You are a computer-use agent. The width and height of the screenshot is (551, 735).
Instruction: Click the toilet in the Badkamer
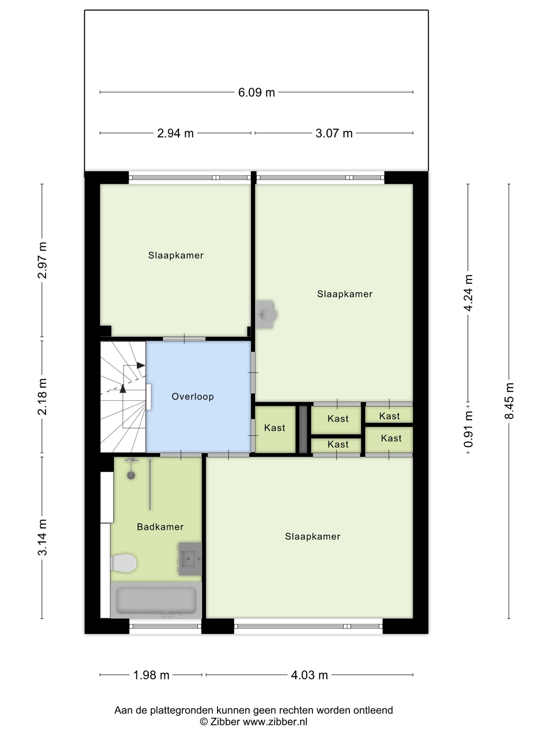click(x=123, y=563)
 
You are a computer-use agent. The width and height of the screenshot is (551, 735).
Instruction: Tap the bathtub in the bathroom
click(x=156, y=600)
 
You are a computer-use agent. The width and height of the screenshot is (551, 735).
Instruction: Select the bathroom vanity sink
click(x=190, y=559)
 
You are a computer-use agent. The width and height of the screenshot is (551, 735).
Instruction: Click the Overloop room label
click(x=193, y=396)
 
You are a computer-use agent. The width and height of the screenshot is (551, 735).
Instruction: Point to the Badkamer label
click(x=160, y=527)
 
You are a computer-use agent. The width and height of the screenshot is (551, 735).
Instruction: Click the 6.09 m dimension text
click(x=256, y=92)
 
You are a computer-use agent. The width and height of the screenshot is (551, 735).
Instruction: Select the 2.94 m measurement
click(x=175, y=133)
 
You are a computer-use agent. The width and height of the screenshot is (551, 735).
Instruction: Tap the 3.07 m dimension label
click(x=334, y=133)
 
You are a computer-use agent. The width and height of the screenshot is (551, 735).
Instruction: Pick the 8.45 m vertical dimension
click(x=509, y=401)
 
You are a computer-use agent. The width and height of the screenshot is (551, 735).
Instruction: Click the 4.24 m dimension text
click(x=468, y=293)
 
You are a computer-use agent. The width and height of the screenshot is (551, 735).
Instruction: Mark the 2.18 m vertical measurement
click(x=42, y=397)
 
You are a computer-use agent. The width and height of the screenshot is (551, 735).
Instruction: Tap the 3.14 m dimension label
click(x=42, y=537)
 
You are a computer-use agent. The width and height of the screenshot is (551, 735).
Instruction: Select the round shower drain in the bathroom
click(x=131, y=475)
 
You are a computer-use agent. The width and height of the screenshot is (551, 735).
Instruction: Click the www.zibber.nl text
click(x=275, y=721)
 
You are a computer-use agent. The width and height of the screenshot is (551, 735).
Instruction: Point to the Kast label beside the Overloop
click(x=275, y=428)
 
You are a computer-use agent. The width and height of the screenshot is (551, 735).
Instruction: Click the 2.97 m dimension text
click(x=42, y=260)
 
